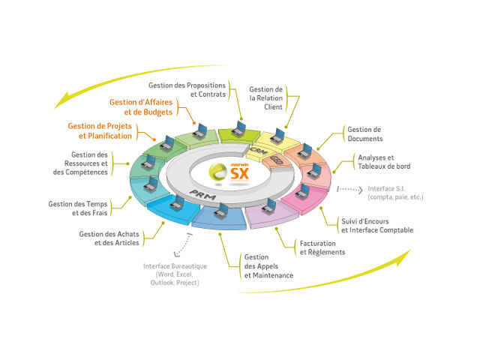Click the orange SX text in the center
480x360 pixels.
(x=239, y=174)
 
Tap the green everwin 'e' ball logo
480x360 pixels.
(x=217, y=172)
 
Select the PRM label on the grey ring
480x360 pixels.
(x=202, y=195)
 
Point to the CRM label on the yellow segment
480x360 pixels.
(x=259, y=151)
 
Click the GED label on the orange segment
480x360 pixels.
(x=277, y=160)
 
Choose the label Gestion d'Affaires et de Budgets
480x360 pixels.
(x=141, y=107)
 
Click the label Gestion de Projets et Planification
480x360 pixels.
(x=100, y=131)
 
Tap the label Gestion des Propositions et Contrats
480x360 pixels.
(x=187, y=90)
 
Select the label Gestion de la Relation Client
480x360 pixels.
(x=265, y=98)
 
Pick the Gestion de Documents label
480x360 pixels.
(x=365, y=134)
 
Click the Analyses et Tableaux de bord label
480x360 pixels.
(x=384, y=162)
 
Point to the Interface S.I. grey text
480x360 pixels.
(x=395, y=193)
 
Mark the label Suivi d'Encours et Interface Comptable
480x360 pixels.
(x=377, y=226)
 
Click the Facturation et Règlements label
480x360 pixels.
(x=322, y=247)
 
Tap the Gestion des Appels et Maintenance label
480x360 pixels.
(x=268, y=266)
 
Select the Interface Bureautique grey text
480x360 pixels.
(x=175, y=274)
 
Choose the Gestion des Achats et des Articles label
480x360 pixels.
(x=109, y=238)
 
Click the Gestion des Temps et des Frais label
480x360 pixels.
(x=78, y=208)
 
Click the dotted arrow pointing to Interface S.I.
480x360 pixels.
(x=350, y=190)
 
